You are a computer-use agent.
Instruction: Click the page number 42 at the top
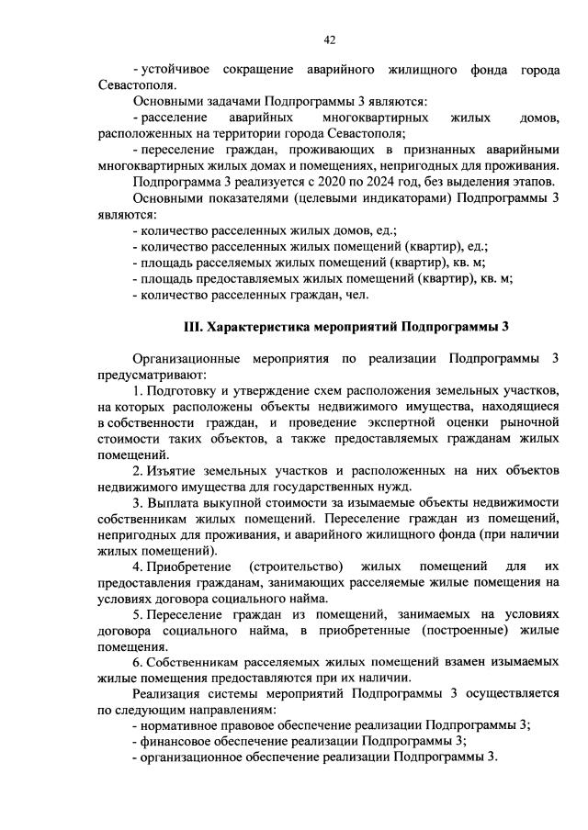tap(331, 39)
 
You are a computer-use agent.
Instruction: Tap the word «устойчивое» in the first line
tap(174, 70)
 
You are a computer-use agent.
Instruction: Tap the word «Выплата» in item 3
tap(175, 503)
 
